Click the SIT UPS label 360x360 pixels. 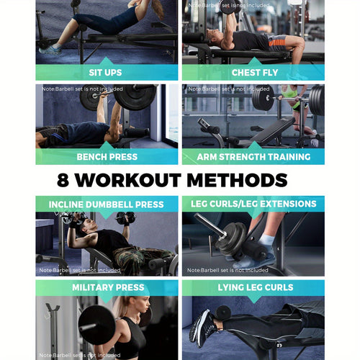tap(107, 73)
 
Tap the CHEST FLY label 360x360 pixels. tap(253, 73)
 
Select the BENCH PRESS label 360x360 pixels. tap(107, 157)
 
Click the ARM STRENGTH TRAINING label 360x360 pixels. tap(253, 157)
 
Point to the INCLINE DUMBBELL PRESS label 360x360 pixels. tap(107, 204)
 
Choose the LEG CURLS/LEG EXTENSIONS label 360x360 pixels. tap(253, 204)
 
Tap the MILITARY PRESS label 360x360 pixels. tap(107, 288)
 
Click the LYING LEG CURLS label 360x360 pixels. tap(253, 288)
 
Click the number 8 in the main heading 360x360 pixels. tap(66, 180)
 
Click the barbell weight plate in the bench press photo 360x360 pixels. tap(132, 97)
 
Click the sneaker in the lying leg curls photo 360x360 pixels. tap(203, 328)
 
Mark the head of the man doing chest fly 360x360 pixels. tap(215, 36)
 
